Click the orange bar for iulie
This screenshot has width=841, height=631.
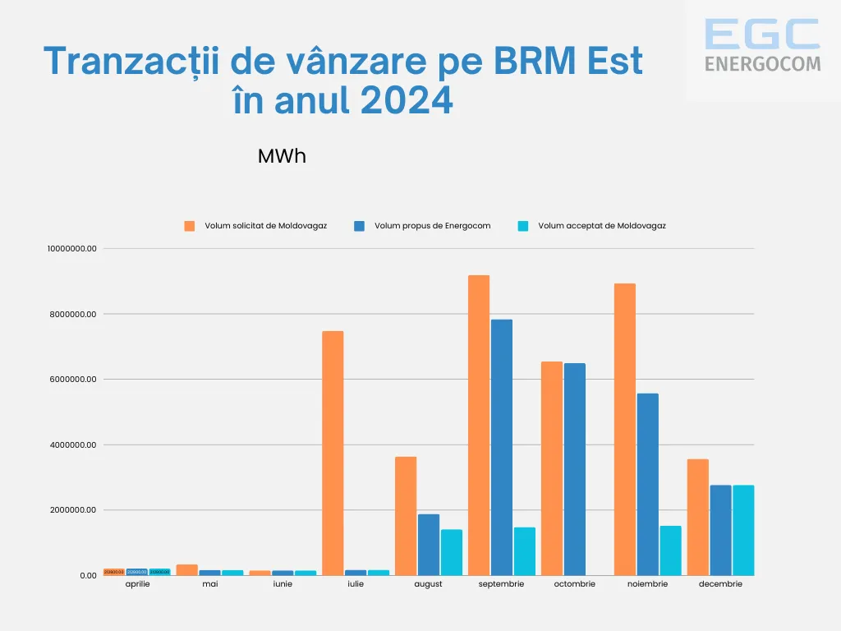[333, 453]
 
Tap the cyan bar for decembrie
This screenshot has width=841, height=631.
[743, 530]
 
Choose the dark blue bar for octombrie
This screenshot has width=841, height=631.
[575, 469]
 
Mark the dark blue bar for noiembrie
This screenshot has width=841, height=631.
[648, 484]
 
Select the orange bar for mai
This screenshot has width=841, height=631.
[187, 569]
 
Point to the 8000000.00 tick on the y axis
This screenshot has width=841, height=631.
[73, 314]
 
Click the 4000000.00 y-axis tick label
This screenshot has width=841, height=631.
[73, 444]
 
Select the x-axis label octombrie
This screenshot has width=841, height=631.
[574, 584]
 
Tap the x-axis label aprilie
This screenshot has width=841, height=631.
[137, 584]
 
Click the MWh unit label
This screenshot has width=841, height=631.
[282, 156]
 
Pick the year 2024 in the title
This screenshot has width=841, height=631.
[407, 100]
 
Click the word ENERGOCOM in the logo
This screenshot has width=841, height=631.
[762, 63]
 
